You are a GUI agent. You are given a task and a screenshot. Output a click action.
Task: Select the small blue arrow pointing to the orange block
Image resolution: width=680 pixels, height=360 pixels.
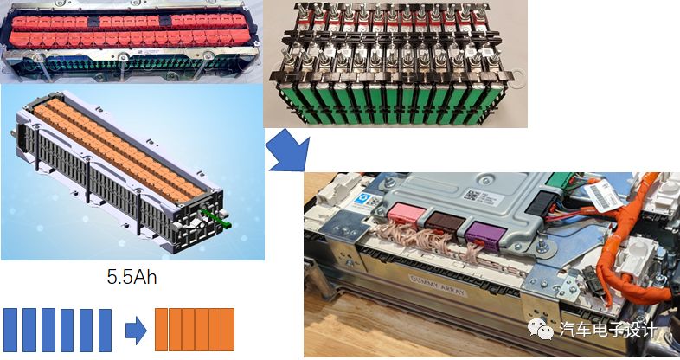(135, 328)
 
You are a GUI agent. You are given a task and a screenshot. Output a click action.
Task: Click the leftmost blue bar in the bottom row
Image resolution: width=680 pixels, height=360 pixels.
(10, 328)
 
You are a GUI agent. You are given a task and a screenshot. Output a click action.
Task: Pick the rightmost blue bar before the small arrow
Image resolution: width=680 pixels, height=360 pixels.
(105, 328)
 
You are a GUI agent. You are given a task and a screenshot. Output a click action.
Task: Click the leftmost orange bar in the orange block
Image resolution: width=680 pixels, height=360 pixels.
(162, 328)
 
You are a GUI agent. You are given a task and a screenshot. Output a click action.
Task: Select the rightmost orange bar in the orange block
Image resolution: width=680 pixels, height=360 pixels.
(228, 328)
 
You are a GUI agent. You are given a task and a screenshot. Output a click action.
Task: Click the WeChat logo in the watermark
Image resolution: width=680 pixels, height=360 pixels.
(542, 328)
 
